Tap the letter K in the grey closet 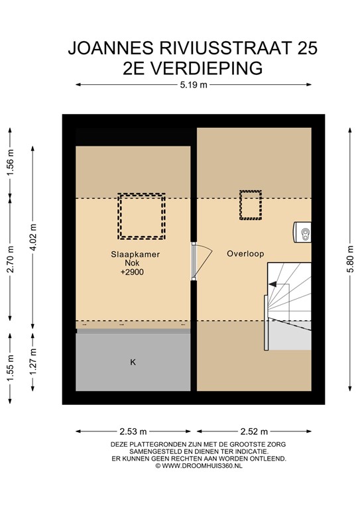coord(133,363)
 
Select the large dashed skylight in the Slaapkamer coord(141,216)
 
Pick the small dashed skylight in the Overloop coord(250,205)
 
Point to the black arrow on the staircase coord(272,284)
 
